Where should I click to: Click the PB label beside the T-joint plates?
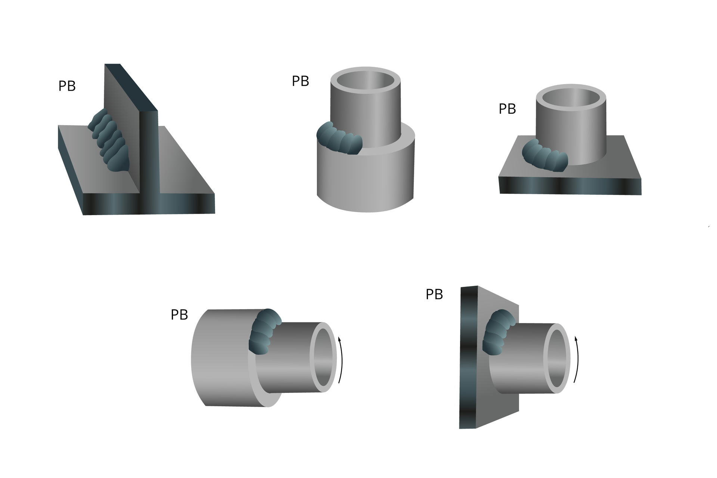coord(67,86)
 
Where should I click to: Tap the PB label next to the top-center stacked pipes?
coord(301,81)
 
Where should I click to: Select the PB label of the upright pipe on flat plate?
coord(508,109)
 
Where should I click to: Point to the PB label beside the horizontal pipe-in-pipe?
coord(179,315)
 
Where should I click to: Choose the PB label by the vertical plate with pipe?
coord(434,295)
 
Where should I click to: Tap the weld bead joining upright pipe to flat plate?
coord(544,155)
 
